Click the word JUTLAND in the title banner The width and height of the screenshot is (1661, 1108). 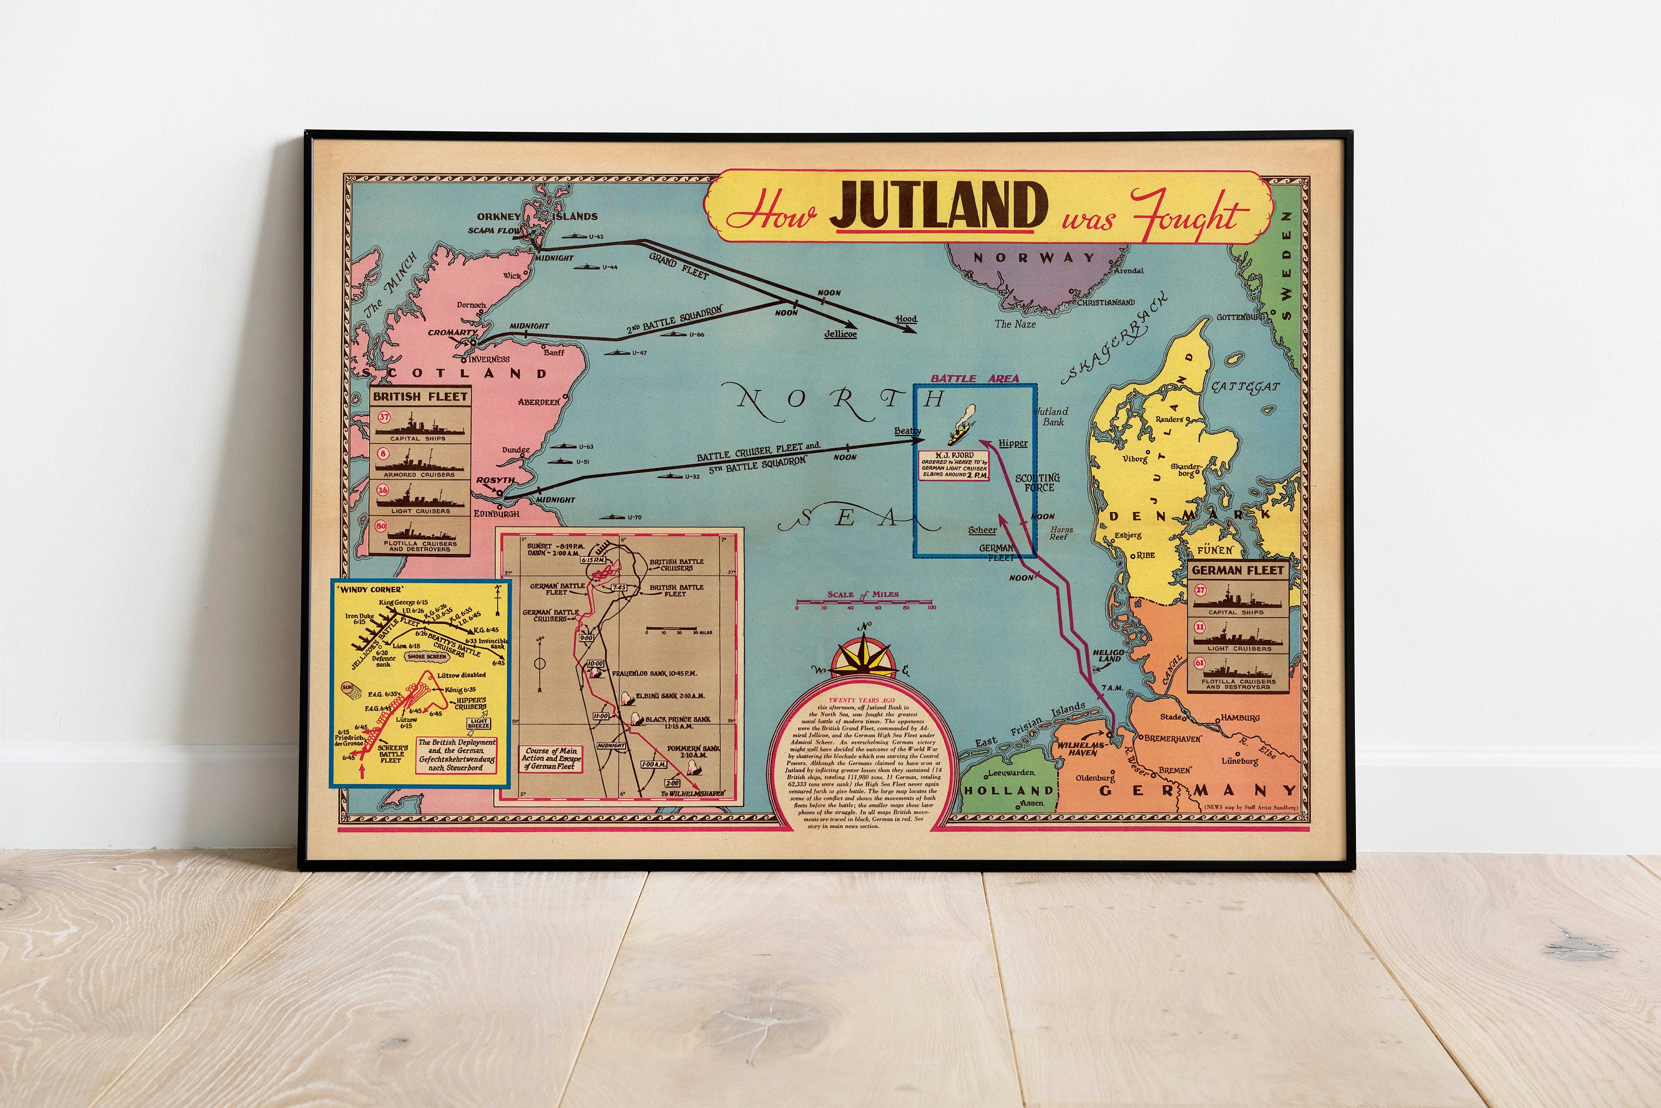pos(937,206)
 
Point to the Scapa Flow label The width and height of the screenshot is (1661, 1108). pos(494,230)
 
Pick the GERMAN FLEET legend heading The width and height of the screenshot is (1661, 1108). pos(1237,569)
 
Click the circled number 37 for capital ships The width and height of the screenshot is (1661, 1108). pos(384,417)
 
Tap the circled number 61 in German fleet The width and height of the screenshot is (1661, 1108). pos(1199,664)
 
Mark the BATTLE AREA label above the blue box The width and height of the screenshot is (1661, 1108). pos(974,378)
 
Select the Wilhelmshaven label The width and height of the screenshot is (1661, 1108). pos(1081,748)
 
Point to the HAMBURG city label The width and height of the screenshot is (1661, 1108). pos(1240,718)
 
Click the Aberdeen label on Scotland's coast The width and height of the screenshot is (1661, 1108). pos(539,402)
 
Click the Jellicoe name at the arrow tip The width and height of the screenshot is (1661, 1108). pos(840,334)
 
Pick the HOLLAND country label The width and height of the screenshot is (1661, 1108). pos(1009,790)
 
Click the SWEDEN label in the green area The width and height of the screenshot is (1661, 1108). pos(1286,265)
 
